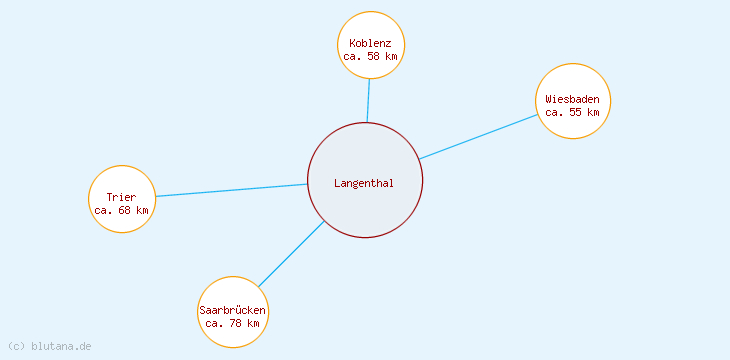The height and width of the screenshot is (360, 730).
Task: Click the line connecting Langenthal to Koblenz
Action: point(368,100)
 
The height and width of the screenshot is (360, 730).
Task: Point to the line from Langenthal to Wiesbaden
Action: point(478,136)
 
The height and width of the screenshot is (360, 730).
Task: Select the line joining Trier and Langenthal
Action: point(230,190)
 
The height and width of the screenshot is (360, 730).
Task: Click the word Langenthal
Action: point(364,183)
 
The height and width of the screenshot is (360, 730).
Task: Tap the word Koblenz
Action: point(371,44)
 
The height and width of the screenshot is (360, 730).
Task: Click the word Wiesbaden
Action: point(573,99)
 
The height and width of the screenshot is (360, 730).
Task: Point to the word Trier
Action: point(121,197)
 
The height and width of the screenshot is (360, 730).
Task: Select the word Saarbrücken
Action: point(233,310)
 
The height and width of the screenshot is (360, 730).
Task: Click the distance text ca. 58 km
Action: point(371,57)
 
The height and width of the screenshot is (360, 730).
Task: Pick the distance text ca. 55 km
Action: point(573,112)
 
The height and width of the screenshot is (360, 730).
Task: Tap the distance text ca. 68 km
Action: point(121,210)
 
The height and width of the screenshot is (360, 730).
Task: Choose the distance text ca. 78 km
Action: point(233,323)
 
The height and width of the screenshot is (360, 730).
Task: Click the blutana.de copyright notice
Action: point(60,346)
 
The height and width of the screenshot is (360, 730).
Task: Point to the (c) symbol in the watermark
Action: point(16,346)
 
